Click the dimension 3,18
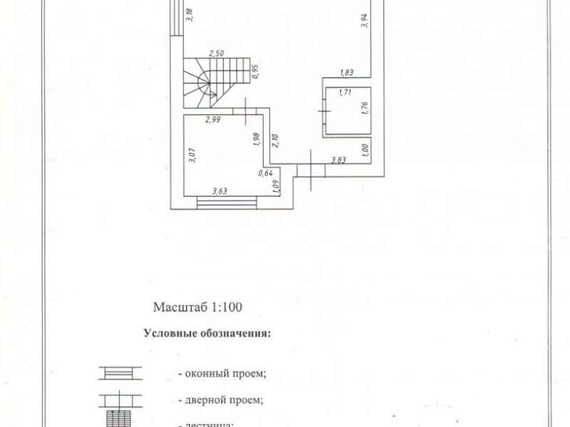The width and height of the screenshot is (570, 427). [188, 15]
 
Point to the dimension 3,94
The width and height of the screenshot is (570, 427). [364, 21]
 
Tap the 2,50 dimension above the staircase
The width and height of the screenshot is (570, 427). [217, 53]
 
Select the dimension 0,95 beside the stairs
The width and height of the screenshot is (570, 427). [255, 71]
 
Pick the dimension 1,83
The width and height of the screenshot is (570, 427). [347, 72]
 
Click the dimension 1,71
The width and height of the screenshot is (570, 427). [346, 92]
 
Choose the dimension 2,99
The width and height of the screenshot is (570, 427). [213, 120]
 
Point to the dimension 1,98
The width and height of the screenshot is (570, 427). [256, 139]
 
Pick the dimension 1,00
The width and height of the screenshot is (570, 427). [364, 149]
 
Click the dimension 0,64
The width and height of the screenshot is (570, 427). [265, 173]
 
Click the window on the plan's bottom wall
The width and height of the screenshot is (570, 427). [227, 203]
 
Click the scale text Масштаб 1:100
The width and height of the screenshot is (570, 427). [198, 308]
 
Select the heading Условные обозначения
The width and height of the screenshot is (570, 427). [207, 333]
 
